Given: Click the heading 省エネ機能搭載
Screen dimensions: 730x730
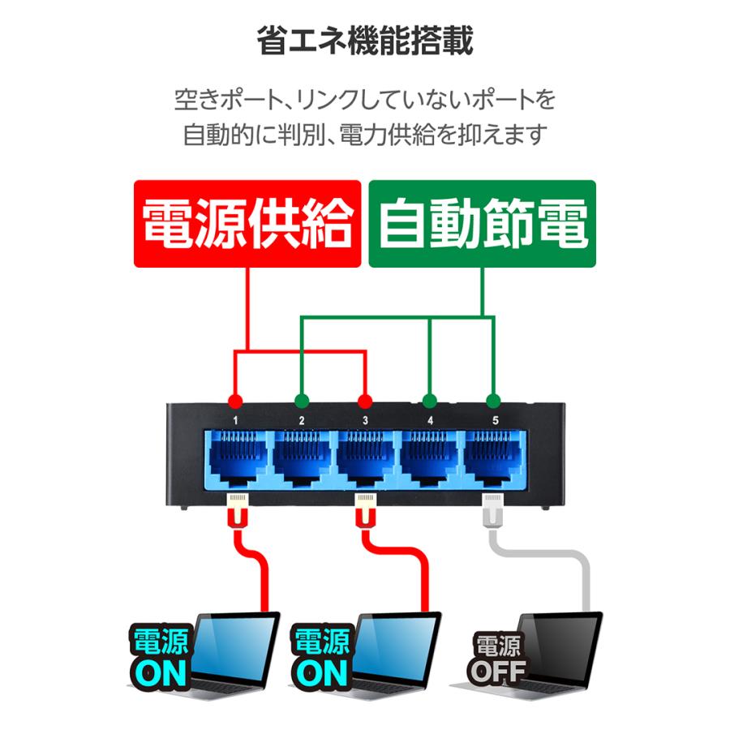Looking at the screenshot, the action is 364,41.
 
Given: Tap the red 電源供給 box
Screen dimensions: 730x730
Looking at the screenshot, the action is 247,224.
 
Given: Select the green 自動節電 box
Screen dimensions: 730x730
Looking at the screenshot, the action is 483,224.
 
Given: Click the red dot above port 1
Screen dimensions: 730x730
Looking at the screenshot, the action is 235,401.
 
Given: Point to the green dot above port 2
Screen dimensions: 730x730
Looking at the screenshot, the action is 302,401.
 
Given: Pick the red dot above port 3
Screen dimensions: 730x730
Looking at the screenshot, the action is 365,401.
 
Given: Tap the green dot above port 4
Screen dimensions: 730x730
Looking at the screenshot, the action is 430,401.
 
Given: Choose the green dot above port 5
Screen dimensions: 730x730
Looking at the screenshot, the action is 493,401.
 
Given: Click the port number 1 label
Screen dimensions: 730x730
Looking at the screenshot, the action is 235,420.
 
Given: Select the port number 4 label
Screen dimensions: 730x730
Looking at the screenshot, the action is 430,420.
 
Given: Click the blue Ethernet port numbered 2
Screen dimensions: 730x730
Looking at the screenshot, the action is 301,458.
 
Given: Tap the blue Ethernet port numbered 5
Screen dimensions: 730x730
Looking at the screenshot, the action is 493,458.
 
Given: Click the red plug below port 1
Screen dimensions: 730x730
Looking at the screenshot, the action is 238,511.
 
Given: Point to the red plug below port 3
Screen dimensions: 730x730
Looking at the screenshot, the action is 366,511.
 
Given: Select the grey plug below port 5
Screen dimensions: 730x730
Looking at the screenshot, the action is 493,511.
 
